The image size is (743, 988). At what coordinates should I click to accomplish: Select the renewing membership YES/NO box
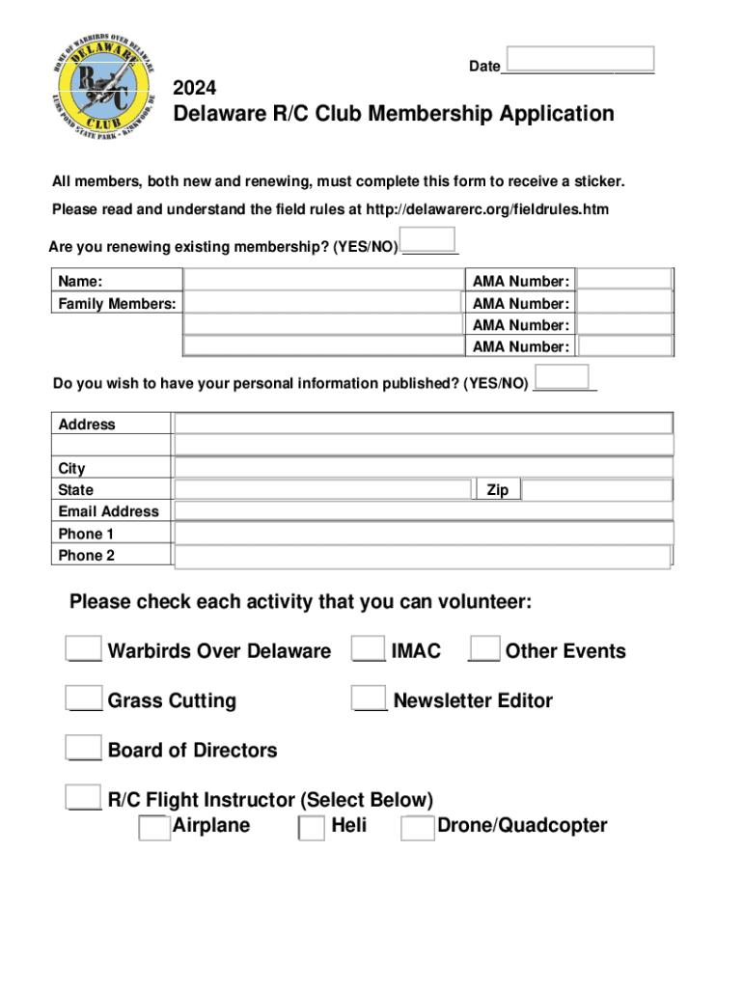[x=427, y=239]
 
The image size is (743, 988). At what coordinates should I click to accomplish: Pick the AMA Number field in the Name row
[x=624, y=281]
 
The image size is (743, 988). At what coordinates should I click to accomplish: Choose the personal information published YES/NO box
[x=561, y=377]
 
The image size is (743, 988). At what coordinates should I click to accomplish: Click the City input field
[x=423, y=467]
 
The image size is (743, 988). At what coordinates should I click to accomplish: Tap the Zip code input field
[x=596, y=490]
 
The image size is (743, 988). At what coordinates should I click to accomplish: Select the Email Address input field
[x=423, y=511]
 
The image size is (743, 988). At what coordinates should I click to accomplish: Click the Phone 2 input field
[x=422, y=556]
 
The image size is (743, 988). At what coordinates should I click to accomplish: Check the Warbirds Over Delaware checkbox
[x=85, y=647]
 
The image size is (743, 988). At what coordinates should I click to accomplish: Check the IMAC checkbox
[x=370, y=647]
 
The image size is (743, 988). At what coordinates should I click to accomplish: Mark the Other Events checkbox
[x=484, y=647]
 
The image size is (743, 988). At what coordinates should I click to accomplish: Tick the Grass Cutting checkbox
[x=85, y=698]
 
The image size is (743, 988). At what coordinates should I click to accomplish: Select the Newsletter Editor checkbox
[x=370, y=698]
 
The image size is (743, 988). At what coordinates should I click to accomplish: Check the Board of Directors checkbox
[x=85, y=747]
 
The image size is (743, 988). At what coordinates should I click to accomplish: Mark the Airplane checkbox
[x=154, y=828]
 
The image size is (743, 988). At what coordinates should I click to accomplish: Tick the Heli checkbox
[x=312, y=828]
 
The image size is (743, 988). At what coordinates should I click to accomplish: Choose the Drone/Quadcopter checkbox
[x=418, y=828]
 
